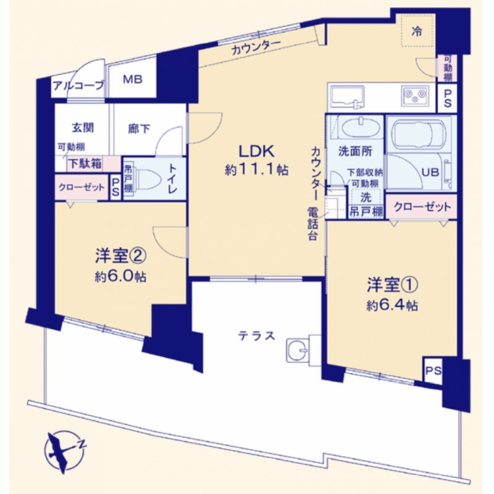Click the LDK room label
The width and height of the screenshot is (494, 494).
click(256, 151)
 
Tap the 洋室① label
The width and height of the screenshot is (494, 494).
click(393, 285)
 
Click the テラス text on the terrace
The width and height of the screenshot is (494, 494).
click(256, 336)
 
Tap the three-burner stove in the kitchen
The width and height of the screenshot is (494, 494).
click(414, 96)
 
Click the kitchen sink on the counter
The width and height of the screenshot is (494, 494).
click(346, 96)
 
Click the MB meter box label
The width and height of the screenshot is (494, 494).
click(133, 79)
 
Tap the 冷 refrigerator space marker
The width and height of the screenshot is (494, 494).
click(417, 31)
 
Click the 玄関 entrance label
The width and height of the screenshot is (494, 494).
click(83, 128)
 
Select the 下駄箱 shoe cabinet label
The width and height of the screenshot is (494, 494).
click(85, 163)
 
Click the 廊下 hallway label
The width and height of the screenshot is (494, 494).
click(139, 128)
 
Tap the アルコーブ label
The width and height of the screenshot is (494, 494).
click(78, 85)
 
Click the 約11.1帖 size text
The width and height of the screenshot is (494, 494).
click(257, 170)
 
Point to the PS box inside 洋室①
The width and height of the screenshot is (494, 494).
click(433, 371)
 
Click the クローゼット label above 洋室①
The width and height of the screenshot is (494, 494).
click(422, 207)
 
